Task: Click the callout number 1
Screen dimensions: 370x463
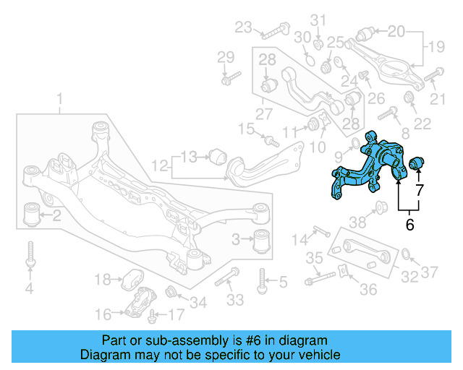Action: tap(60, 98)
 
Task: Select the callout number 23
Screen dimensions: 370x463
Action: tap(243, 28)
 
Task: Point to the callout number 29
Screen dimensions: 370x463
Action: tap(226, 57)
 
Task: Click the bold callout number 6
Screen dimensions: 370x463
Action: tap(409, 224)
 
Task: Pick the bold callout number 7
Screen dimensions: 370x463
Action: tap(419, 191)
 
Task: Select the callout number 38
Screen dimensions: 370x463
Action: tap(359, 222)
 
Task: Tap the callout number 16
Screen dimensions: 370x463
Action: tap(103, 314)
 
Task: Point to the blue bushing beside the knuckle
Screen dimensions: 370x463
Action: tap(419, 163)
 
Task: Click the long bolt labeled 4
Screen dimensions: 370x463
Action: tap(30, 256)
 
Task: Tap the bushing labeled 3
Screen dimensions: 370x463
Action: tap(265, 239)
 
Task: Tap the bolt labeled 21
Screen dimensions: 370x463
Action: tap(433, 74)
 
